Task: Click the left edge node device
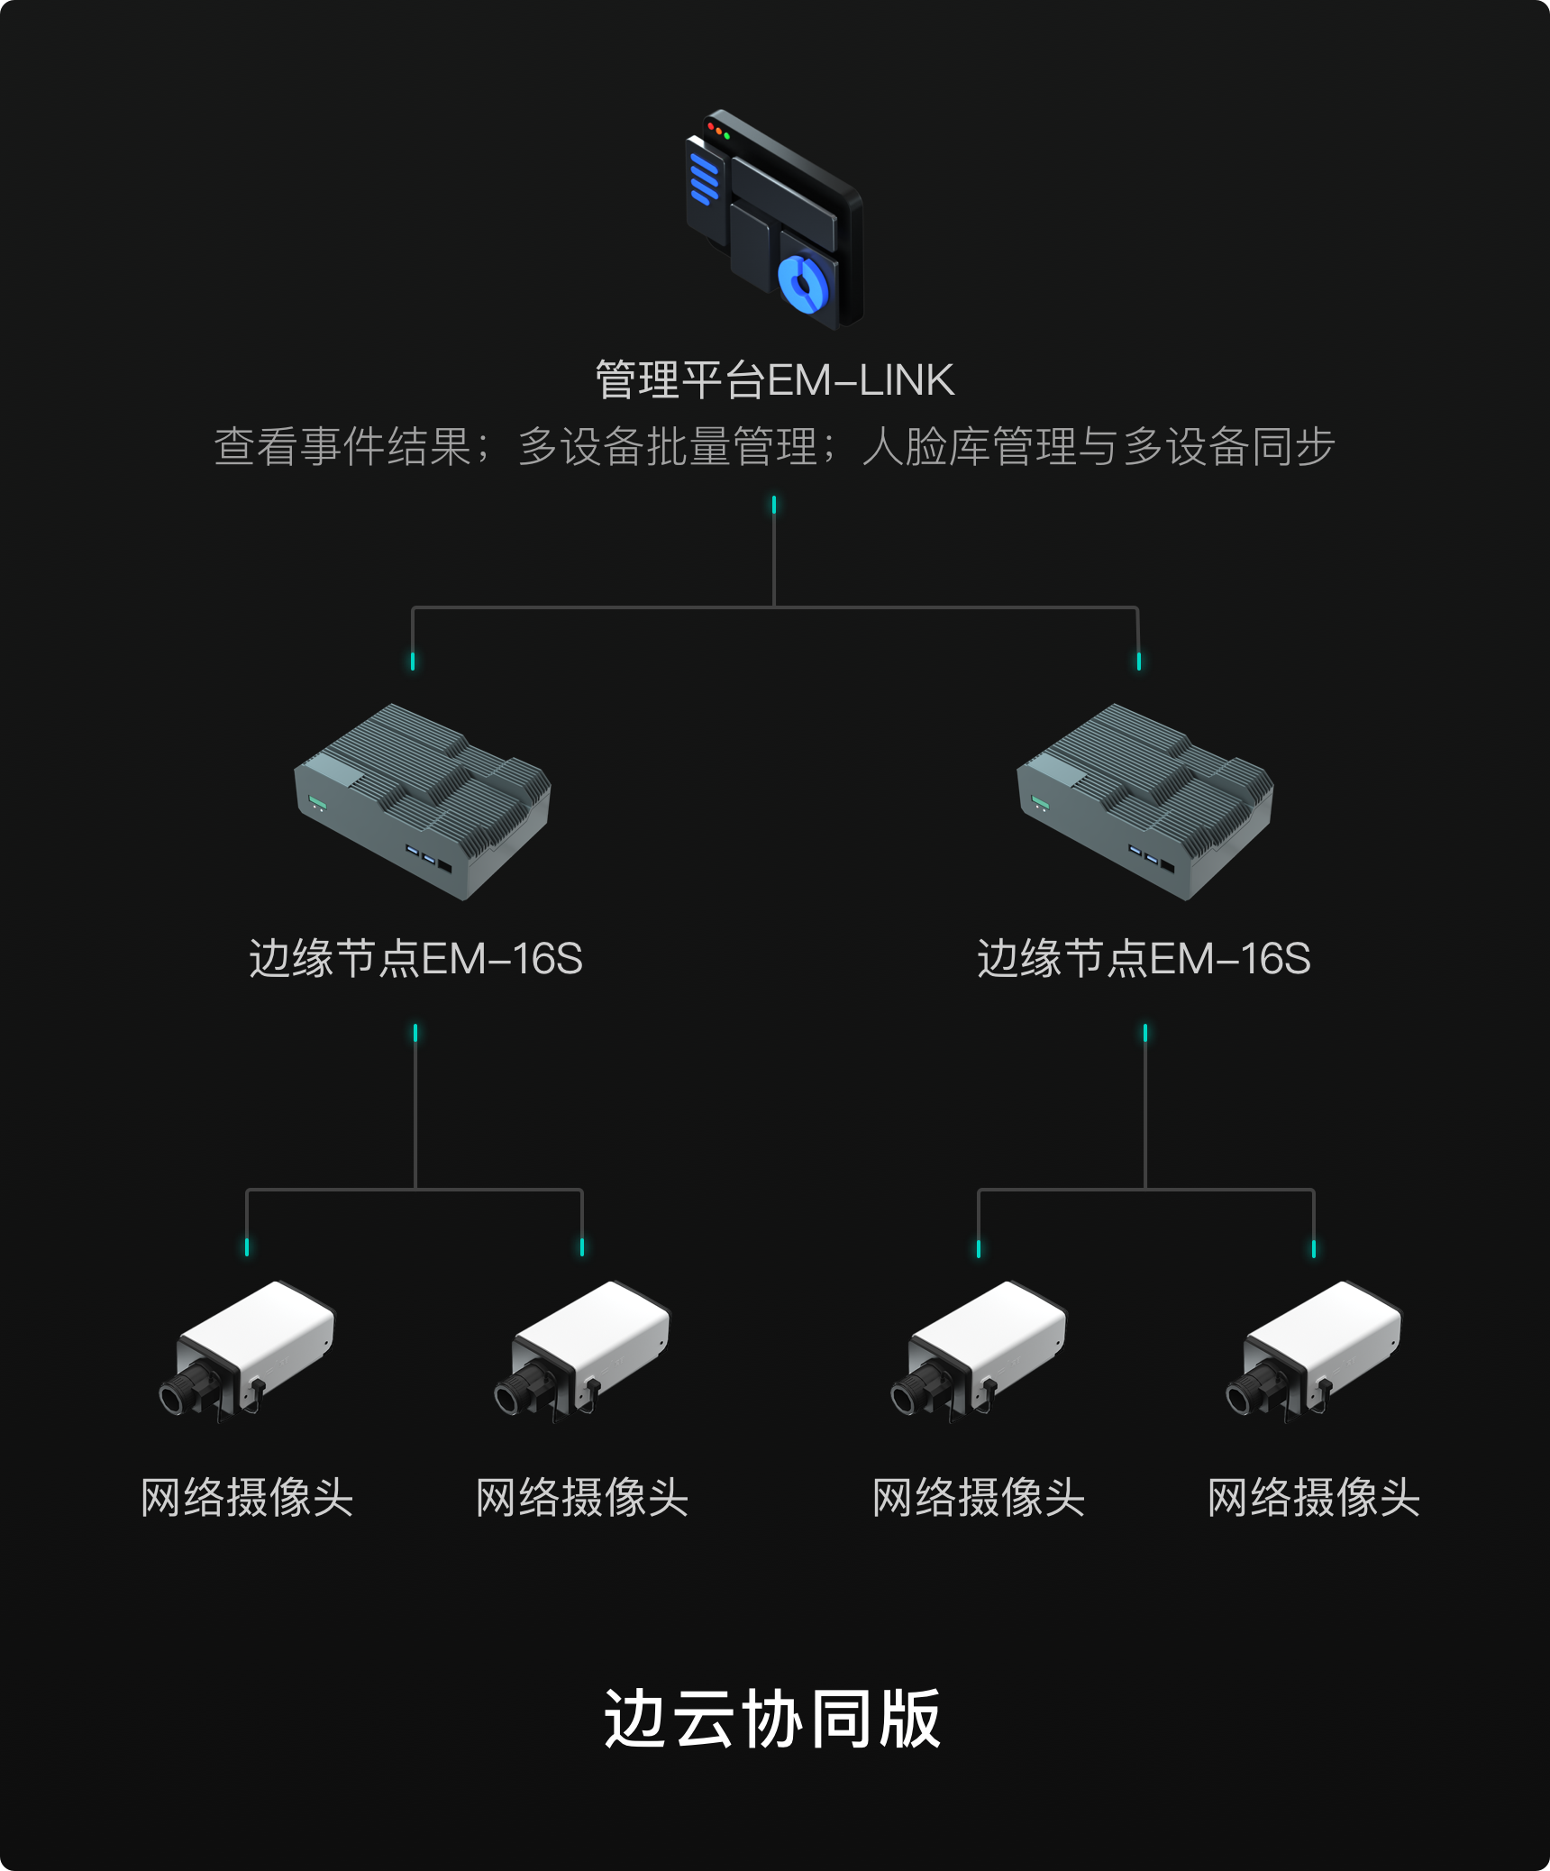point(422,802)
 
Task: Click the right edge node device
point(1144,802)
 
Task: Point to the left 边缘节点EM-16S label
point(415,959)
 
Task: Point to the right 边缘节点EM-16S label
point(1144,959)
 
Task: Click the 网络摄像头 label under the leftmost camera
point(247,1498)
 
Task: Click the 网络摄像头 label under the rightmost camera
point(1314,1498)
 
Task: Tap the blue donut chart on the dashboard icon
point(802,283)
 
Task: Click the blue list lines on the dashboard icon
point(704,178)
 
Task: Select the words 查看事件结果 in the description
point(342,447)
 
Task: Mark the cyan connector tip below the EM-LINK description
point(774,505)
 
